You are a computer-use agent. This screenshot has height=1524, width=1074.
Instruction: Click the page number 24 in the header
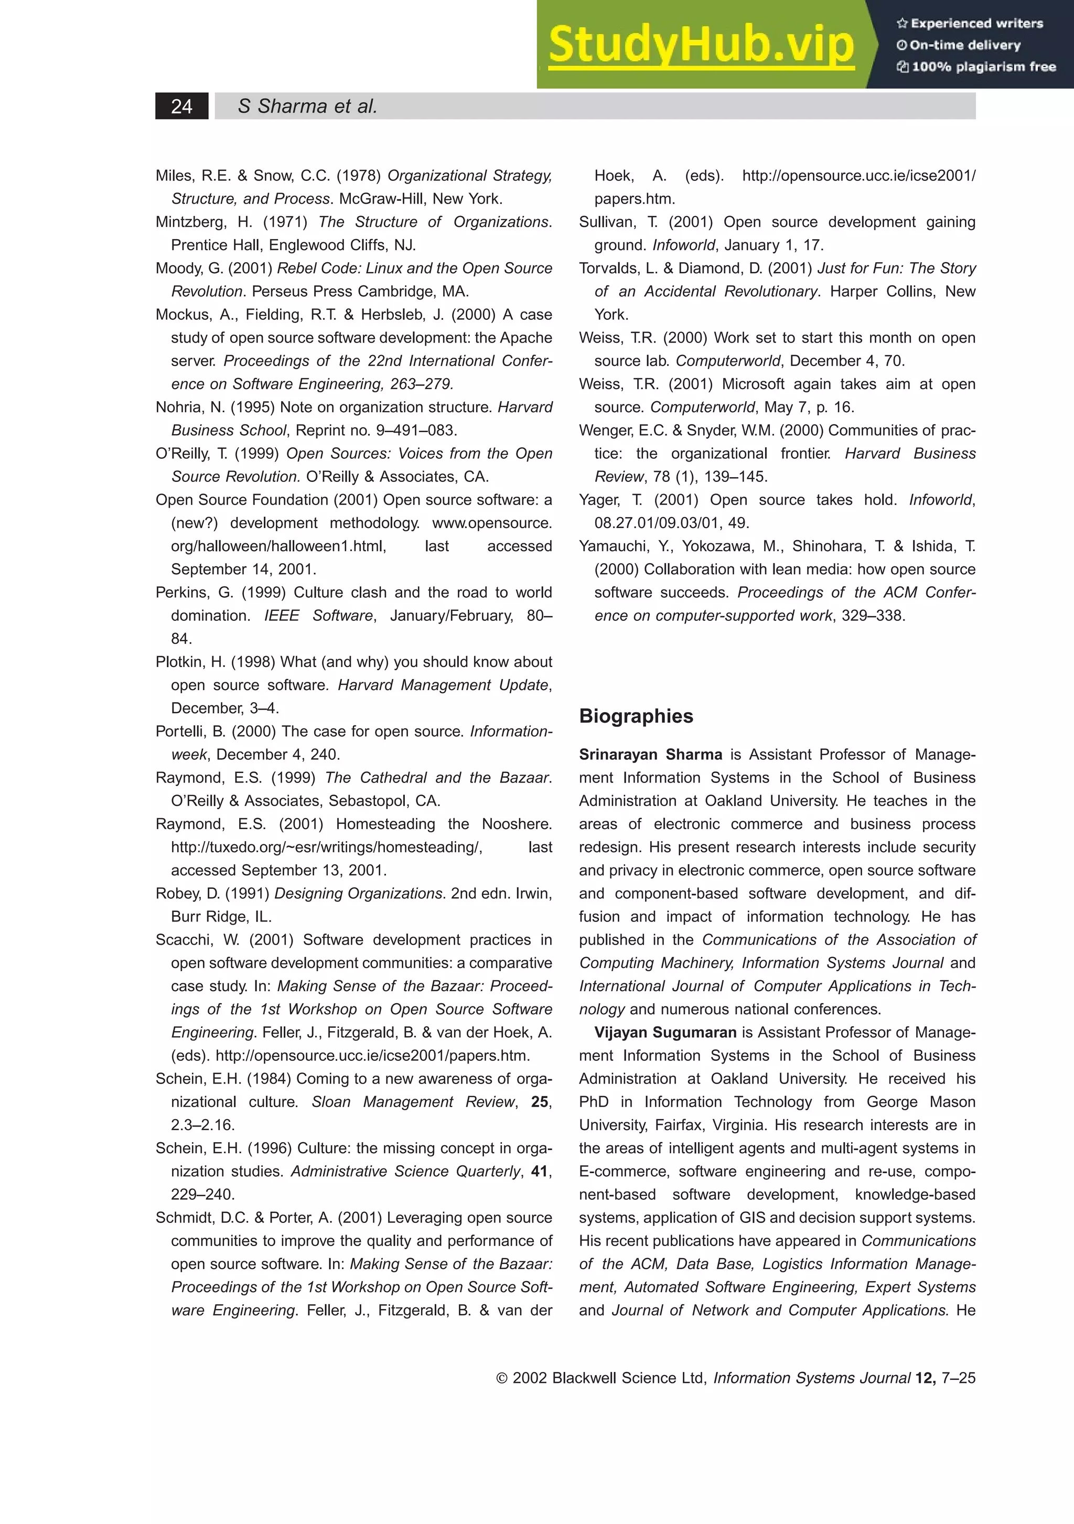tap(181, 106)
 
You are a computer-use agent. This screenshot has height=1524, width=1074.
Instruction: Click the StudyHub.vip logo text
tap(701, 45)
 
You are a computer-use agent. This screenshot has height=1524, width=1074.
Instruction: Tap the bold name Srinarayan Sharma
tap(650, 755)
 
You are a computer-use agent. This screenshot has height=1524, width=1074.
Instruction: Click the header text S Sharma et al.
tap(307, 106)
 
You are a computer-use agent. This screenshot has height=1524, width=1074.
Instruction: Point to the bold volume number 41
tap(540, 1171)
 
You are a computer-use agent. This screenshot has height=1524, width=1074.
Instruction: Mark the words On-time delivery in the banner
tap(964, 45)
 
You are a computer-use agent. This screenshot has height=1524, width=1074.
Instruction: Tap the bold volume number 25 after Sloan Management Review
tap(540, 1102)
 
